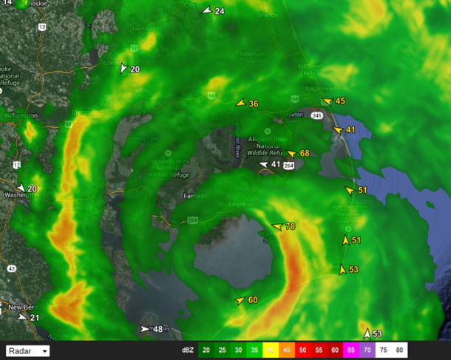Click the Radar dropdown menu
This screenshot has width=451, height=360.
pyautogui.click(x=27, y=350)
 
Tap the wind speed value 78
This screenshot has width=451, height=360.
pyautogui.click(x=290, y=227)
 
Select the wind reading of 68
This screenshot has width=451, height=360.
pyautogui.click(x=304, y=154)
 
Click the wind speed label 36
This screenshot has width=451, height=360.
pyautogui.click(x=254, y=104)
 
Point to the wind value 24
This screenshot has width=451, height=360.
pyautogui.click(x=220, y=11)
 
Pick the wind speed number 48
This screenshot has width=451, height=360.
pyautogui.click(x=157, y=329)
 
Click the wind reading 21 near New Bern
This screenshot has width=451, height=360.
pyautogui.click(x=35, y=318)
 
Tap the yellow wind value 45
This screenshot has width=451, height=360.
pyautogui.click(x=340, y=101)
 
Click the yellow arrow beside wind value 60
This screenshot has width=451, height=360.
pyautogui.click(x=239, y=301)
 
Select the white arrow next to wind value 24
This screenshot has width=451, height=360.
pyautogui.click(x=206, y=10)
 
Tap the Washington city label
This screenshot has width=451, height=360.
pyautogui.click(x=15, y=196)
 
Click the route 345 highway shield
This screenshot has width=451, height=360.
pyautogui.click(x=316, y=116)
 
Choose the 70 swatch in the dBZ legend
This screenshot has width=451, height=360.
pyautogui.click(x=367, y=350)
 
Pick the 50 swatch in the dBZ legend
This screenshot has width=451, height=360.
pyautogui.click(x=303, y=350)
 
